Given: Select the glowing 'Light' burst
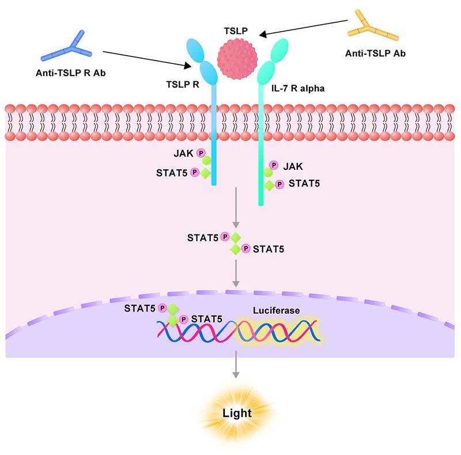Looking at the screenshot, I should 237,413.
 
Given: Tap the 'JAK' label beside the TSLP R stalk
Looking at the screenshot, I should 185,153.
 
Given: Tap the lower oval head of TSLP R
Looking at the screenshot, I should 208,73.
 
